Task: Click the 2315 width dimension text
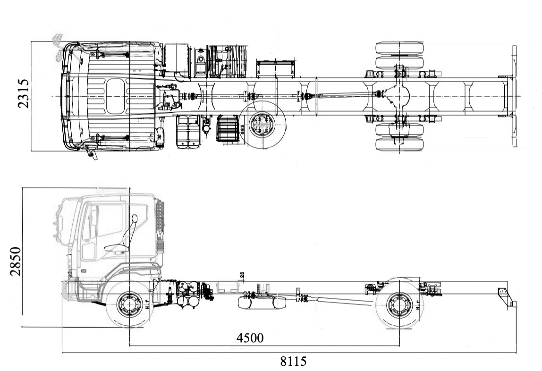pyautogui.click(x=24, y=93)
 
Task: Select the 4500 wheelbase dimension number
pyautogui.click(x=250, y=338)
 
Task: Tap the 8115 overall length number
pyautogui.click(x=293, y=362)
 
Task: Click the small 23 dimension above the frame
pyautogui.click(x=242, y=275)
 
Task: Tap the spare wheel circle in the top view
pyautogui.click(x=262, y=126)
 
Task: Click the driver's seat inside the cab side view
pyautogui.click(x=125, y=236)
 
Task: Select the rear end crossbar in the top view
pyautogui.click(x=513, y=96)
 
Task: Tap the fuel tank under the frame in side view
pyautogui.click(x=262, y=302)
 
